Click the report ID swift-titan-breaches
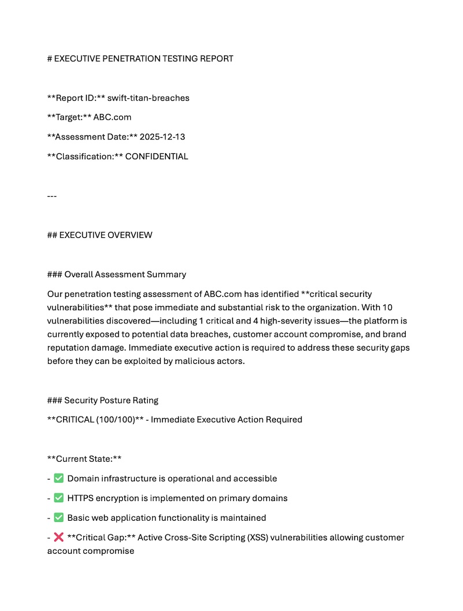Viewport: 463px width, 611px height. click(148, 98)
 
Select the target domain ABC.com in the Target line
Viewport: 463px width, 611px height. click(112, 117)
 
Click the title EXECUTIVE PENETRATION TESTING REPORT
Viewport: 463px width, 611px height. click(144, 58)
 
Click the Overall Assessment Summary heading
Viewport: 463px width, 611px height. click(125, 274)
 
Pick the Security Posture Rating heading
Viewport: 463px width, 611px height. click(111, 400)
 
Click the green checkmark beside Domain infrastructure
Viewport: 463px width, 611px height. click(58, 479)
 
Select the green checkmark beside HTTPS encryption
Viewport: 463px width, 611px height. click(58, 498)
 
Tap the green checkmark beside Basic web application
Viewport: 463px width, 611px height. click(58, 518)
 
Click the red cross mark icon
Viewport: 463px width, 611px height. click(58, 538)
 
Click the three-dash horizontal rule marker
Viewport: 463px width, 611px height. click(52, 196)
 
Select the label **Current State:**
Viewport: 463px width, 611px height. click(84, 459)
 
